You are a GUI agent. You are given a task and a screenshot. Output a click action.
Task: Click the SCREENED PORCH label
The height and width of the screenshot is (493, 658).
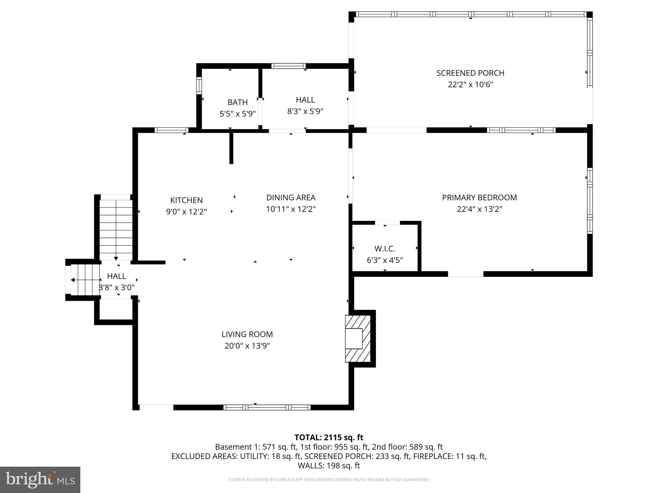click(470, 73)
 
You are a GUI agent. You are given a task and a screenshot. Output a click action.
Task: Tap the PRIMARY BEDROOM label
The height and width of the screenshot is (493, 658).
click(479, 198)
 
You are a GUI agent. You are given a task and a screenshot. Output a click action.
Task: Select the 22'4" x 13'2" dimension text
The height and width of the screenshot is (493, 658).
click(479, 209)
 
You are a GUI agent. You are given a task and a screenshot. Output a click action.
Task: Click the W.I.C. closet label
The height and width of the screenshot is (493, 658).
click(385, 249)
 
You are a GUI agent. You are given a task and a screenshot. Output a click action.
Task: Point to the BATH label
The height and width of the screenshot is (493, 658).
click(237, 102)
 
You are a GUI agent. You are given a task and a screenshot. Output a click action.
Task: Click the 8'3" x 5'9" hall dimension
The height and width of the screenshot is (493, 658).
click(305, 111)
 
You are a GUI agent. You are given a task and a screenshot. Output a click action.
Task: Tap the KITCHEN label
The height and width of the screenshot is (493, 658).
click(186, 200)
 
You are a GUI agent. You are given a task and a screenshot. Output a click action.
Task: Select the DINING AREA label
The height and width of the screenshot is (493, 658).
click(291, 198)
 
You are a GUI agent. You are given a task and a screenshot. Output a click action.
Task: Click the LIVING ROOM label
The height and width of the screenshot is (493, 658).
click(247, 334)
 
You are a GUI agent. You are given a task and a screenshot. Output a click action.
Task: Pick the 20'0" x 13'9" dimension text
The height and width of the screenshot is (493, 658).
click(247, 346)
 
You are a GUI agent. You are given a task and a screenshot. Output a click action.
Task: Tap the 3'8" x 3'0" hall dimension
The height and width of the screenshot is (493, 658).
click(116, 288)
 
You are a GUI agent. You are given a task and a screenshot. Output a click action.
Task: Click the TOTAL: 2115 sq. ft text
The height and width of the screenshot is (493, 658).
click(329, 437)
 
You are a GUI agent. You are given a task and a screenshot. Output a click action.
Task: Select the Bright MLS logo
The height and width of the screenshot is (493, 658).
click(40, 480)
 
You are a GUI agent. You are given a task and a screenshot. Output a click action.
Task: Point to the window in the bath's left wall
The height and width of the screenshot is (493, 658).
click(199, 85)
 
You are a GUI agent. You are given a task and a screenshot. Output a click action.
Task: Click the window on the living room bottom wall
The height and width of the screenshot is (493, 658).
click(267, 408)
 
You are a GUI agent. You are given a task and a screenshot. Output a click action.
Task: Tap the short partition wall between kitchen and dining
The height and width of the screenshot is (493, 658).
click(231, 148)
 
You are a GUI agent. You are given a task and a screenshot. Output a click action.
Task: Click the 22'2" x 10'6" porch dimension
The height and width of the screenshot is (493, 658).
click(470, 85)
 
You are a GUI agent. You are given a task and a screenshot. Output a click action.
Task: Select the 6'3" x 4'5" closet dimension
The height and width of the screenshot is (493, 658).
click(385, 260)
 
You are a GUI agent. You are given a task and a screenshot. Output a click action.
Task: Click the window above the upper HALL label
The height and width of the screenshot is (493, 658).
click(288, 66)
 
